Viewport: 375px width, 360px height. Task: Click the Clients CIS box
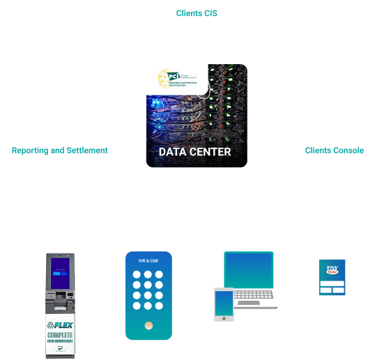[197, 13]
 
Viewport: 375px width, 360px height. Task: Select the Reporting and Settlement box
[59, 150]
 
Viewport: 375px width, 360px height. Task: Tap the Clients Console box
[334, 150]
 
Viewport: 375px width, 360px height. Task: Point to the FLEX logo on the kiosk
[60, 325]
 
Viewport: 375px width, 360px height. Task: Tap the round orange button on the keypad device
[148, 325]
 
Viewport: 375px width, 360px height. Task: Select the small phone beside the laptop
[224, 304]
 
